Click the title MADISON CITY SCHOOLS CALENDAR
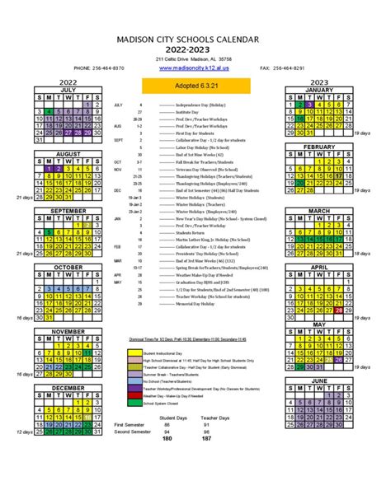pos(195,38)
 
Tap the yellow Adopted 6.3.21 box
pos(194,85)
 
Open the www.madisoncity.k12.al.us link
pos(194,68)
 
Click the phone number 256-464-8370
pos(99,68)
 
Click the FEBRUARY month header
pos(319,147)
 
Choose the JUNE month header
pos(319,381)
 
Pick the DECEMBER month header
pos(68,387)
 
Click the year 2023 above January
pos(319,82)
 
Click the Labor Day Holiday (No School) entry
pos(191,147)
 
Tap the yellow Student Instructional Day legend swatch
pos(134,329)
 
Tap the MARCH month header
pos(319,211)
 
